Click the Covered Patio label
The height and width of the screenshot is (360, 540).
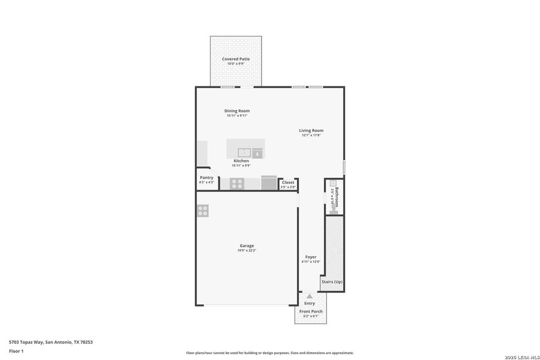point(236,59)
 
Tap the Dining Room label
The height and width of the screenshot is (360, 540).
point(237,111)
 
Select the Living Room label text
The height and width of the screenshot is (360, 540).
point(311,130)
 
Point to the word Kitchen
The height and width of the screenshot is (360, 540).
point(241,161)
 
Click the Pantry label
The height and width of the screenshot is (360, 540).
point(206,178)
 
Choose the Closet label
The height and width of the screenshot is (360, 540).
point(288,182)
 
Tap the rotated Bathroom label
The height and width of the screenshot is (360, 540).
point(337,197)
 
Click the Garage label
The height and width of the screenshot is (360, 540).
point(247,245)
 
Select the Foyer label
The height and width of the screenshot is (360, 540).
point(311,257)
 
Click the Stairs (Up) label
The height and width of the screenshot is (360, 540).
point(332,281)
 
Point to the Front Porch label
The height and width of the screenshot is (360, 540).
point(311,311)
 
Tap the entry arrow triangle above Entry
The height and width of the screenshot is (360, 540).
point(310,296)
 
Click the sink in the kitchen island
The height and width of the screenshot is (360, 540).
point(244,152)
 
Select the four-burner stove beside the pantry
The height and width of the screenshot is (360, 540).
point(237,183)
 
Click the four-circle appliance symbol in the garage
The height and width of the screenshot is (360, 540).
point(203,210)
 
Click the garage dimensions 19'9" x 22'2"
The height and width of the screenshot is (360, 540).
point(247,250)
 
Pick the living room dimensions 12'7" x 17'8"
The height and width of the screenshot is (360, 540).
point(311,135)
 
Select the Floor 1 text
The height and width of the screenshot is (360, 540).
point(16,350)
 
